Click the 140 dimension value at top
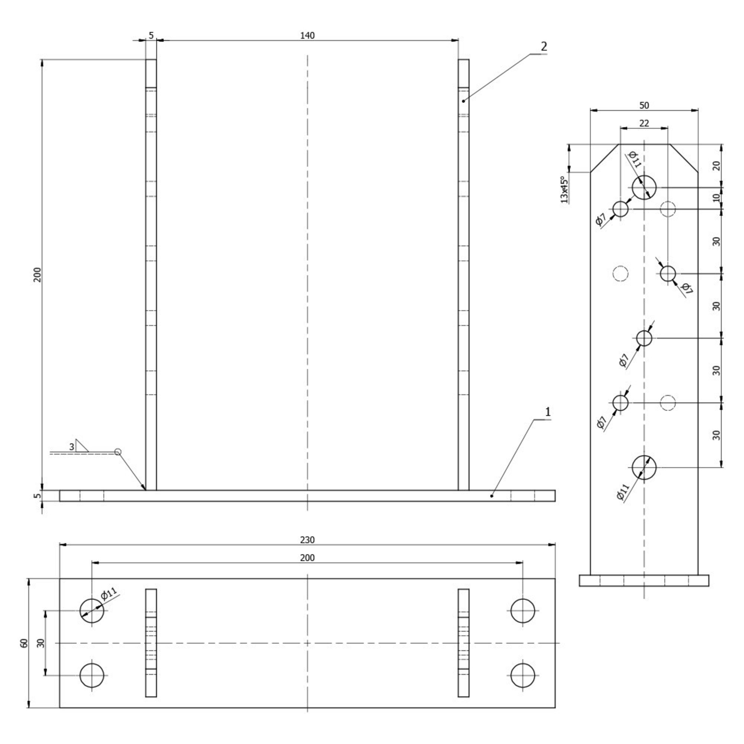coord(307,35)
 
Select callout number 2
coord(544,46)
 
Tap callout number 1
coord(548,413)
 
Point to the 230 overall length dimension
coord(307,540)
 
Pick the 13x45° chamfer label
coord(564,190)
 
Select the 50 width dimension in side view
coord(644,105)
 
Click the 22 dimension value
coord(644,123)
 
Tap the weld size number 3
coord(72,447)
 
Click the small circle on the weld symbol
coord(118,452)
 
